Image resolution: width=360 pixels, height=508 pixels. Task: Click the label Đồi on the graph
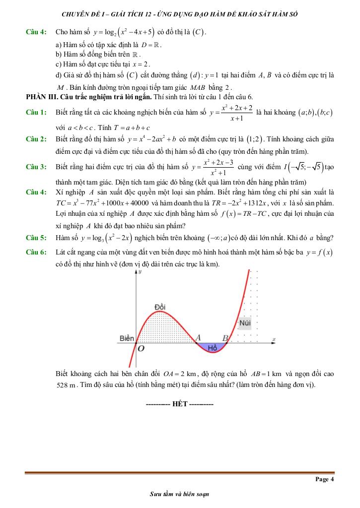pyautogui.click(x=159, y=306)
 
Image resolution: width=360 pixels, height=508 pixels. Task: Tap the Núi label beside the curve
pyautogui.click(x=245, y=323)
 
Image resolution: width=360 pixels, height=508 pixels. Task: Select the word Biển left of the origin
pyautogui.click(x=127, y=338)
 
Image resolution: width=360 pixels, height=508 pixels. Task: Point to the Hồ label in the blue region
pyautogui.click(x=213, y=348)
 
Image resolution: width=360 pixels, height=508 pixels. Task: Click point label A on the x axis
pyautogui.click(x=198, y=337)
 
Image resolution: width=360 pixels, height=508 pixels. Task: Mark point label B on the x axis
pyautogui.click(x=224, y=338)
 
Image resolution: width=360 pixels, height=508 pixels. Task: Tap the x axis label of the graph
pyautogui.click(x=274, y=339)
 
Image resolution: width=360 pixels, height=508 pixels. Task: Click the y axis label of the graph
pyautogui.click(x=141, y=272)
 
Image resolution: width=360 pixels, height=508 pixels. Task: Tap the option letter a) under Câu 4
pyautogui.click(x=59, y=45)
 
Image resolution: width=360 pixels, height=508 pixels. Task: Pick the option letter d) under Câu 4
pyautogui.click(x=59, y=75)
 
